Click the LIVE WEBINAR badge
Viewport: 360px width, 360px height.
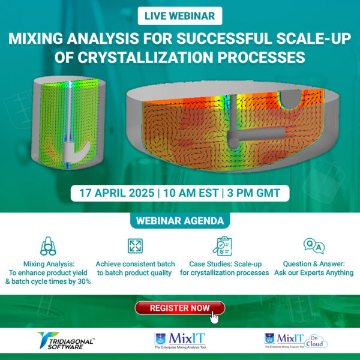click(180, 15)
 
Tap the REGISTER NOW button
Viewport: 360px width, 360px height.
click(179, 308)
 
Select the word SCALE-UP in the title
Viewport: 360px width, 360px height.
click(312, 40)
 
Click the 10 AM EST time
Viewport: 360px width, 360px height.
click(190, 194)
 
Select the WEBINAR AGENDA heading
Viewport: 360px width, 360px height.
click(180, 221)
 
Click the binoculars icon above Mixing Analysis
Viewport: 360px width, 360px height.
click(48, 246)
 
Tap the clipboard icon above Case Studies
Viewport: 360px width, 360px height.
click(223, 246)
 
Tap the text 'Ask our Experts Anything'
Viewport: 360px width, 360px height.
click(314, 272)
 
